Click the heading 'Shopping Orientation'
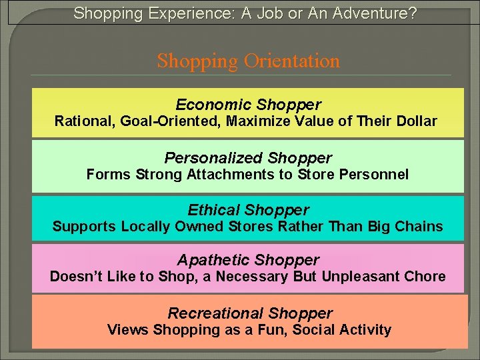click(248, 61)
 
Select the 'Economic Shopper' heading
click(248, 105)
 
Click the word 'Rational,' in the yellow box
click(81, 121)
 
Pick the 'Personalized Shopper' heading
click(248, 158)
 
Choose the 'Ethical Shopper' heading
click(248, 210)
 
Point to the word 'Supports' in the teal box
click(84, 227)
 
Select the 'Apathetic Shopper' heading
click(248, 260)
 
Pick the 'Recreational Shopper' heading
click(250, 313)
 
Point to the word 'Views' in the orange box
click(127, 330)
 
